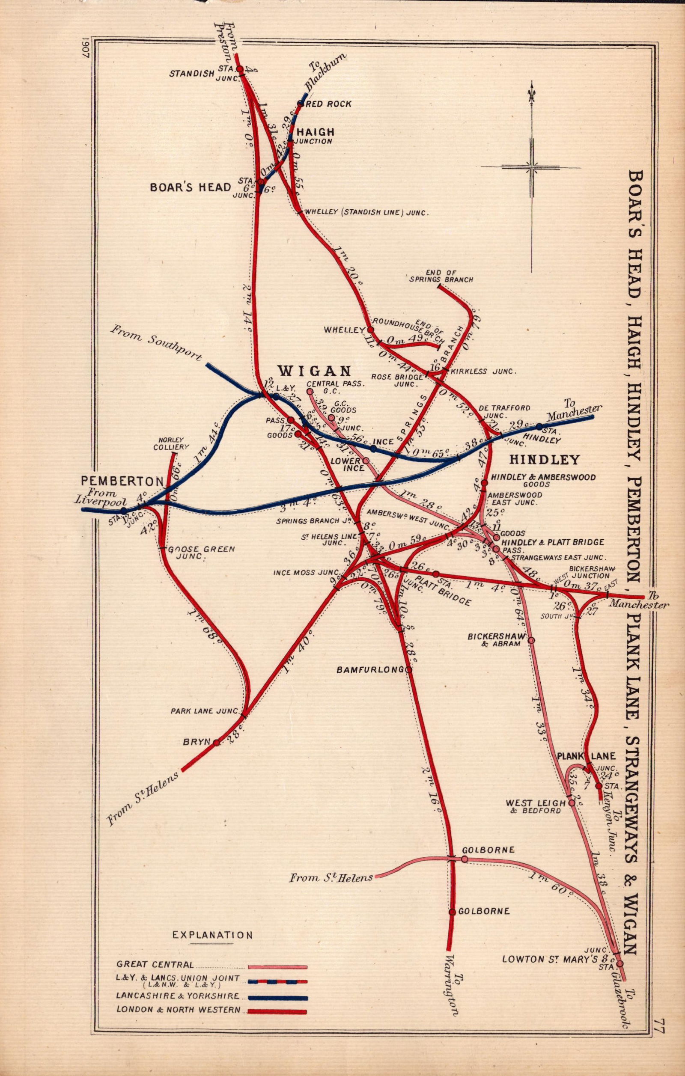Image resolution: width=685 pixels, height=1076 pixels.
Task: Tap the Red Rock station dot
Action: pos(300,104)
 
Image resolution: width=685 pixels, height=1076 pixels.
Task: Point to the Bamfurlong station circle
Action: pos(408,669)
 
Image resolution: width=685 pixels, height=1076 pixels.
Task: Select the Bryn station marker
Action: pos(217,743)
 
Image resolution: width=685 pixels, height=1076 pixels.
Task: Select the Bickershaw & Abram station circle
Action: pos(531,640)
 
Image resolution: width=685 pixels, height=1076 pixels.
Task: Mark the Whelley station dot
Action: pos(370,330)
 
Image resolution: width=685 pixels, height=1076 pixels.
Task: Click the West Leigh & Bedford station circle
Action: pos(571,803)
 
